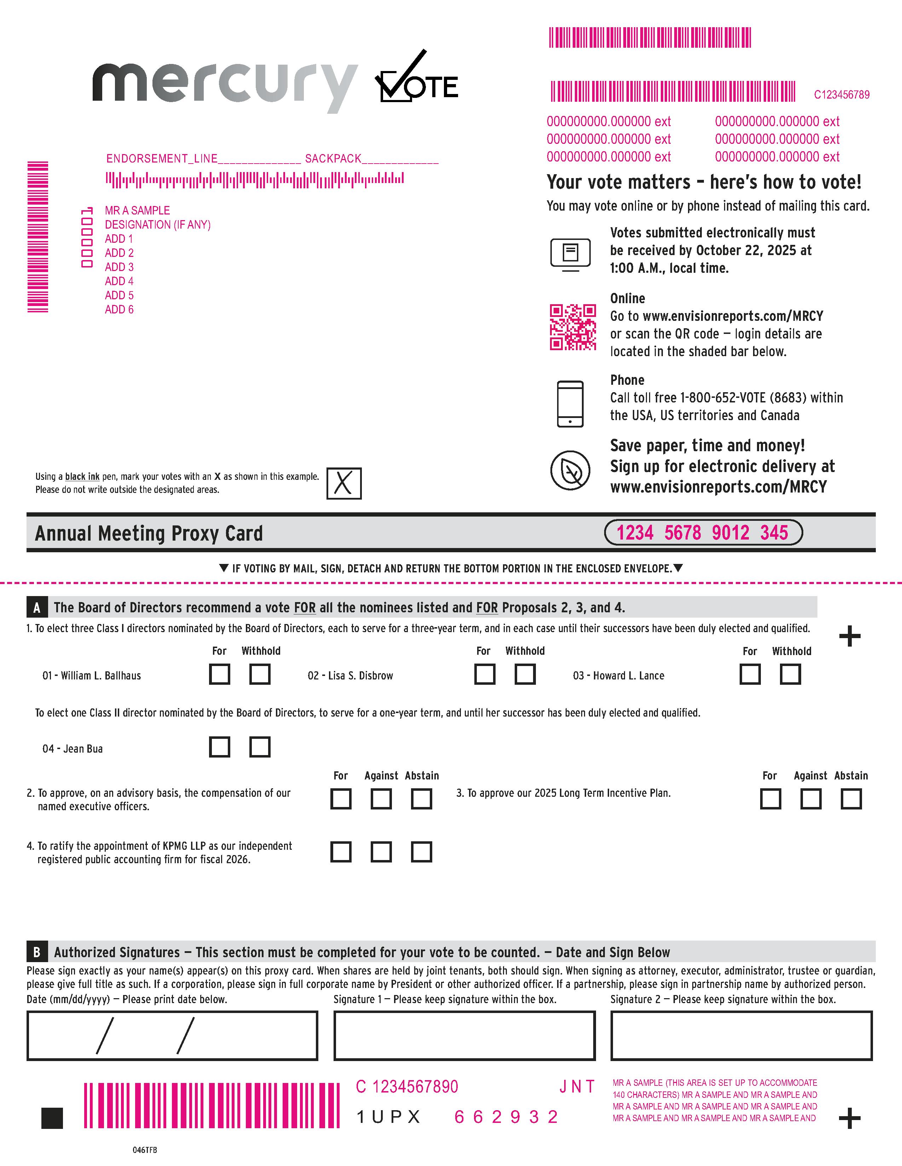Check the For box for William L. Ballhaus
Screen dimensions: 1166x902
pos(220,674)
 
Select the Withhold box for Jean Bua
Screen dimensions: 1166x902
pos(260,747)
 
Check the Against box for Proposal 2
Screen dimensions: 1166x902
pos(381,799)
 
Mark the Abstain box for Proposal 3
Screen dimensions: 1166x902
pos(851,799)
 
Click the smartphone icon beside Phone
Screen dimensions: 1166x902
pos(570,404)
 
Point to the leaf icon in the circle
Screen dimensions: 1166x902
pos(570,470)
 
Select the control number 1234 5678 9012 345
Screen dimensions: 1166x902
pos(703,532)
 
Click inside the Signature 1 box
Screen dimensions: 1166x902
pos(464,1036)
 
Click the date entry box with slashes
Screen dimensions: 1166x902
pos(172,1036)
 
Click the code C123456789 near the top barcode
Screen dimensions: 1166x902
pos(841,94)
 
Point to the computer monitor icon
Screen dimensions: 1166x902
pos(570,254)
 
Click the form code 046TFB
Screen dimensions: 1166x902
pos(145,1150)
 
